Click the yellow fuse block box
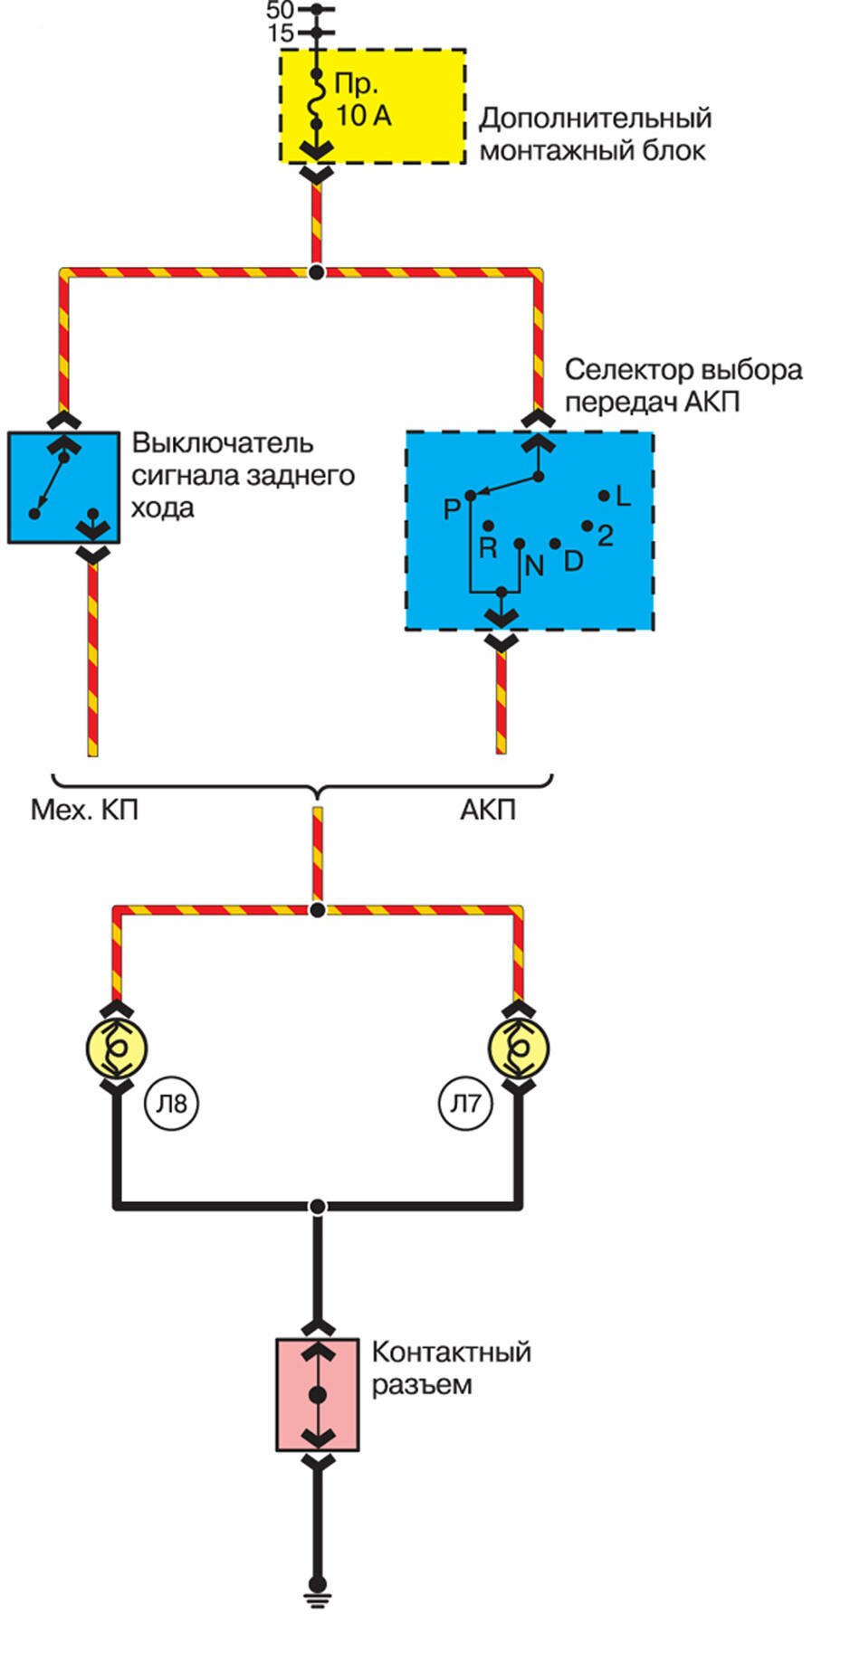click(372, 106)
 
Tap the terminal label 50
click(280, 11)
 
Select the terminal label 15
click(281, 34)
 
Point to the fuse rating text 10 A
click(363, 117)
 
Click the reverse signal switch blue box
click(63, 488)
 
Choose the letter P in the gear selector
click(452, 510)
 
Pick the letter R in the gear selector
click(488, 548)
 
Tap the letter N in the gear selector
click(534, 566)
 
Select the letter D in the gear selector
click(573, 562)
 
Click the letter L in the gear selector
click(622, 496)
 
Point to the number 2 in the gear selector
click(606, 536)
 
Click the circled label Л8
click(172, 1104)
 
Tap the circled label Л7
click(466, 1104)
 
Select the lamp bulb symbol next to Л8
click(116, 1049)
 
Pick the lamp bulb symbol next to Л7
click(519, 1049)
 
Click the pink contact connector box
click(318, 1395)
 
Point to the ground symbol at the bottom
click(317, 1589)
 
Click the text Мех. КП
click(85, 809)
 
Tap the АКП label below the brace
click(488, 809)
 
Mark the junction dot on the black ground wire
click(317, 1206)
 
